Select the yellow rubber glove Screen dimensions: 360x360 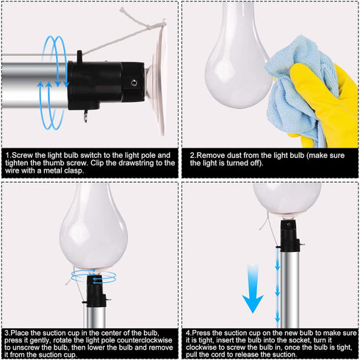coord(331,103)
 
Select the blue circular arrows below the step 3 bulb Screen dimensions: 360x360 coord(95,274)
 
